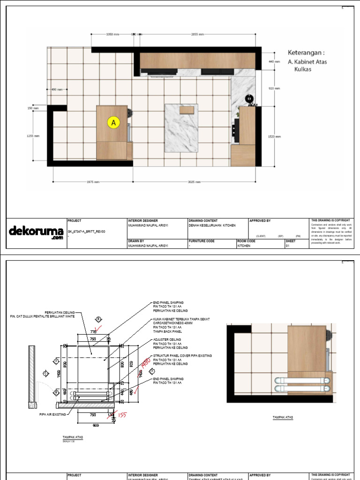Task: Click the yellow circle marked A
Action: pos(113,123)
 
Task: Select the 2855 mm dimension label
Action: pos(198,34)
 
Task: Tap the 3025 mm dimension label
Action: pos(194,182)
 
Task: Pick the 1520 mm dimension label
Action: pos(274,136)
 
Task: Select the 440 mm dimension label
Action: pos(274,61)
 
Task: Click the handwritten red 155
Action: pos(122,415)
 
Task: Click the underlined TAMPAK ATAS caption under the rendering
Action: pos(280,416)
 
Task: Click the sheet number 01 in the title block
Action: pos(288,245)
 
